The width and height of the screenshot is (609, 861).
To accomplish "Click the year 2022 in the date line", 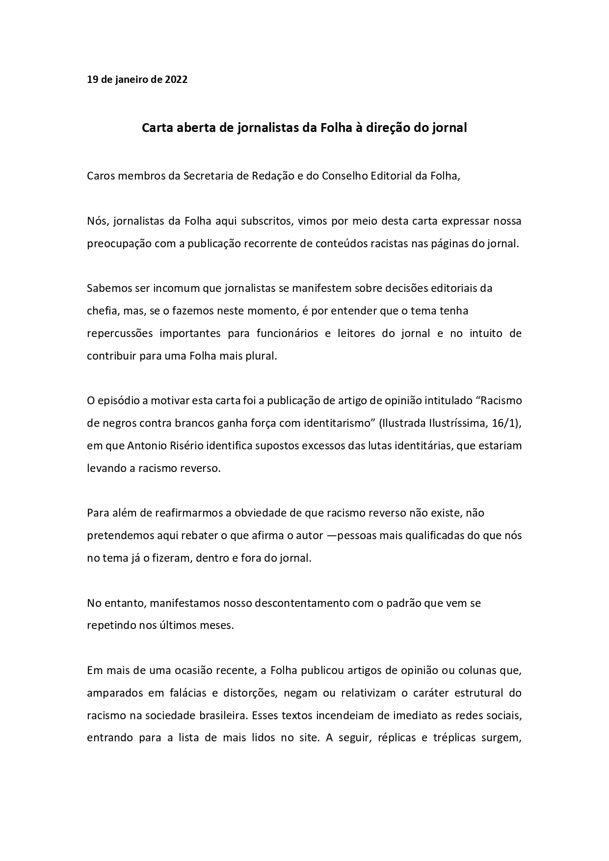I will click(x=176, y=79).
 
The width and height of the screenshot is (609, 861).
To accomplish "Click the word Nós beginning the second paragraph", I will click(x=97, y=221).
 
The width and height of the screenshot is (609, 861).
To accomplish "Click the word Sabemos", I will click(x=107, y=288).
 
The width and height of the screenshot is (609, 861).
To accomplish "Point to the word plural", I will click(x=264, y=356).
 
